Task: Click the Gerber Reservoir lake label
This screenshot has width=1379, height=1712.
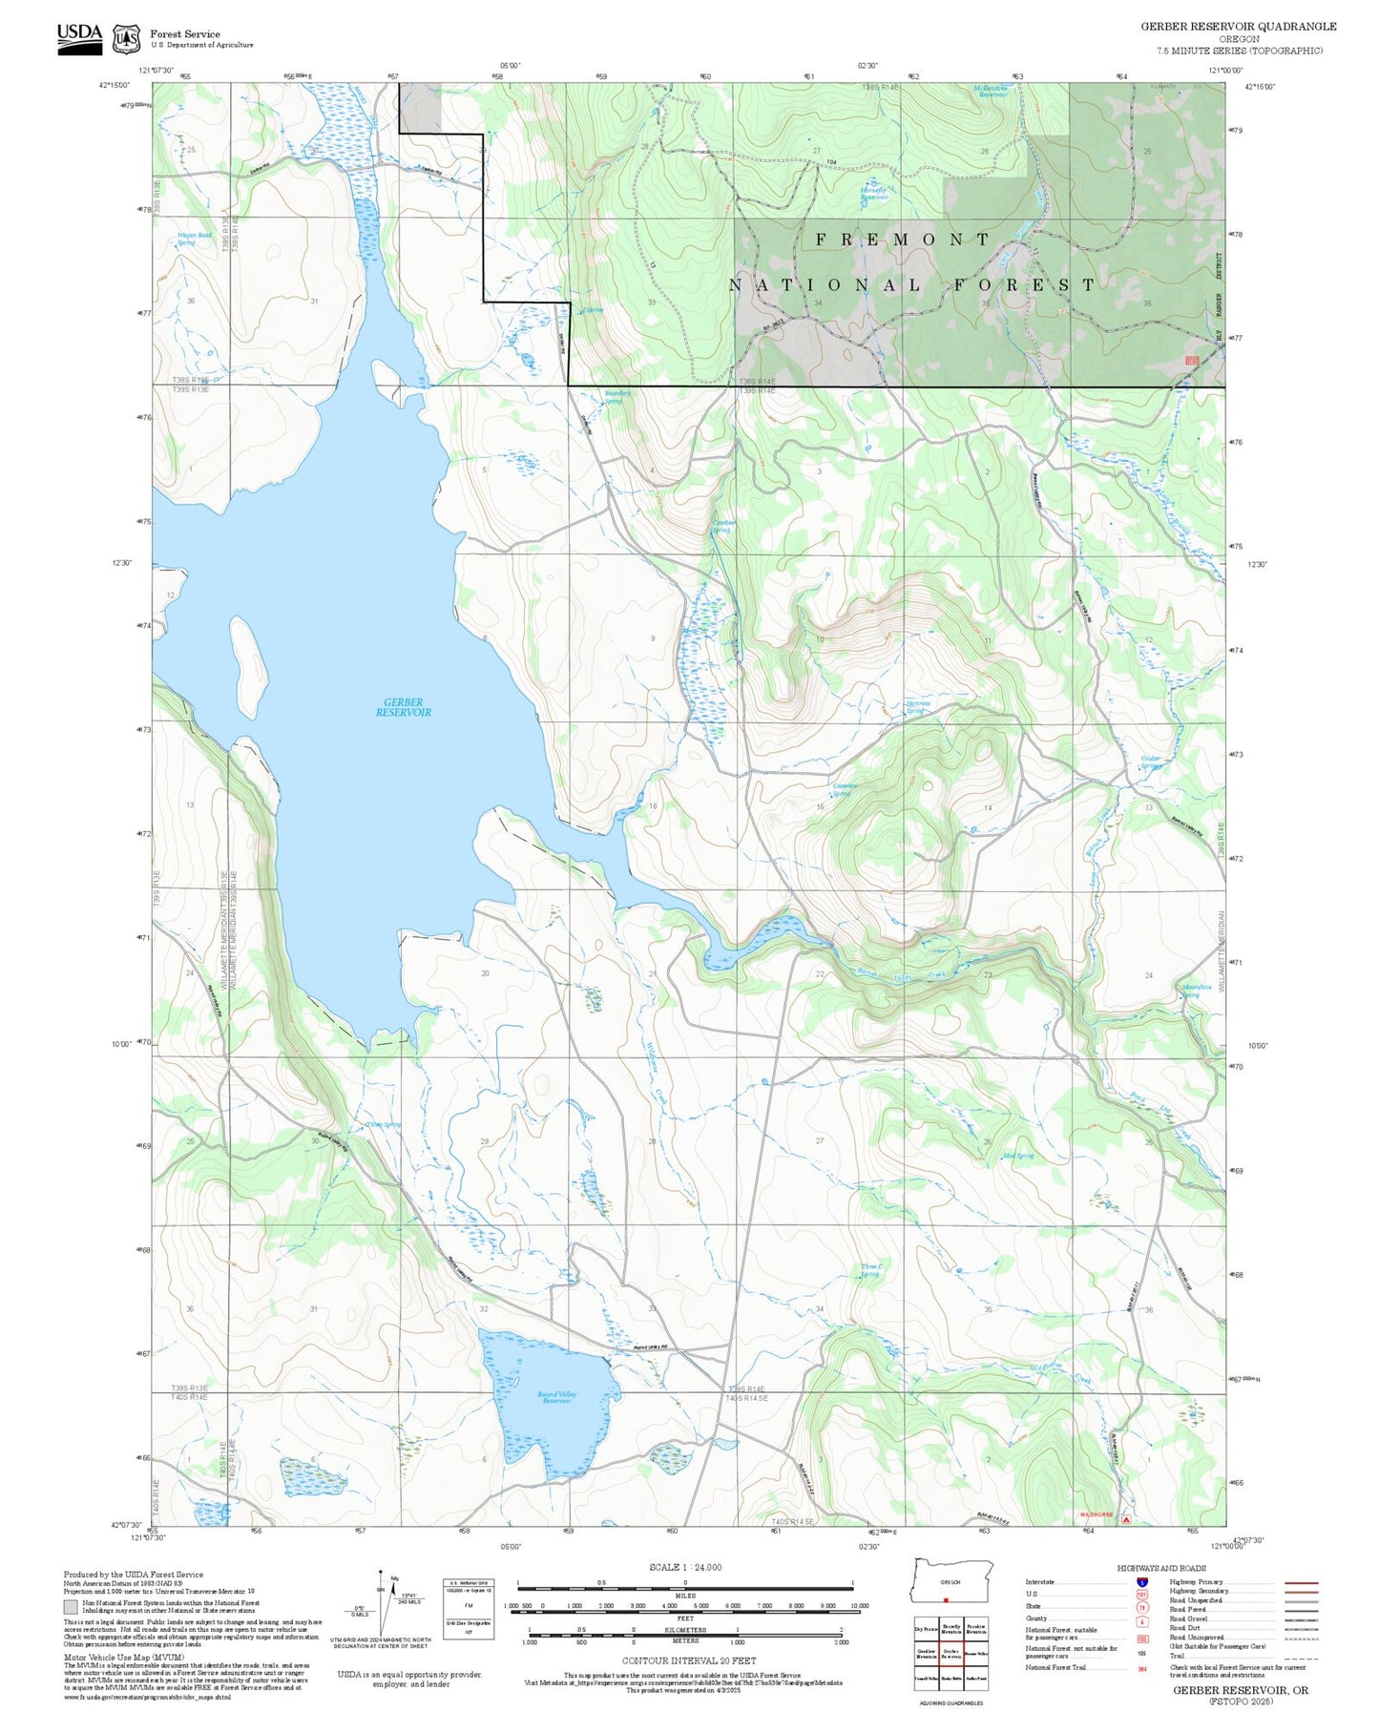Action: (x=403, y=707)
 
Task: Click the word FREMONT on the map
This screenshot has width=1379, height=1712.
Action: (x=902, y=240)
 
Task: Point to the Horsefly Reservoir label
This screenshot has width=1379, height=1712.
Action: (x=873, y=193)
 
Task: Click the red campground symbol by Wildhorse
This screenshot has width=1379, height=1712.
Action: (x=1126, y=1518)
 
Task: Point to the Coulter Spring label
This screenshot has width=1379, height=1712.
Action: (x=1152, y=762)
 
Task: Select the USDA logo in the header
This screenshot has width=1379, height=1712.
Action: (x=79, y=37)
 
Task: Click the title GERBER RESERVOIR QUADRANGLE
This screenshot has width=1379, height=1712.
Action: (x=1238, y=27)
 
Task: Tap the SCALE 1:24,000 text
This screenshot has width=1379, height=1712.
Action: (x=685, y=1566)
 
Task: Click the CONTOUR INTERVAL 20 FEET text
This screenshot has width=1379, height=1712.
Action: (x=688, y=1661)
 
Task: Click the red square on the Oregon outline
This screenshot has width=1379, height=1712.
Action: (x=945, y=1600)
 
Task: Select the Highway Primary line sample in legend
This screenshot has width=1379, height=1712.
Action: (x=1301, y=1582)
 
